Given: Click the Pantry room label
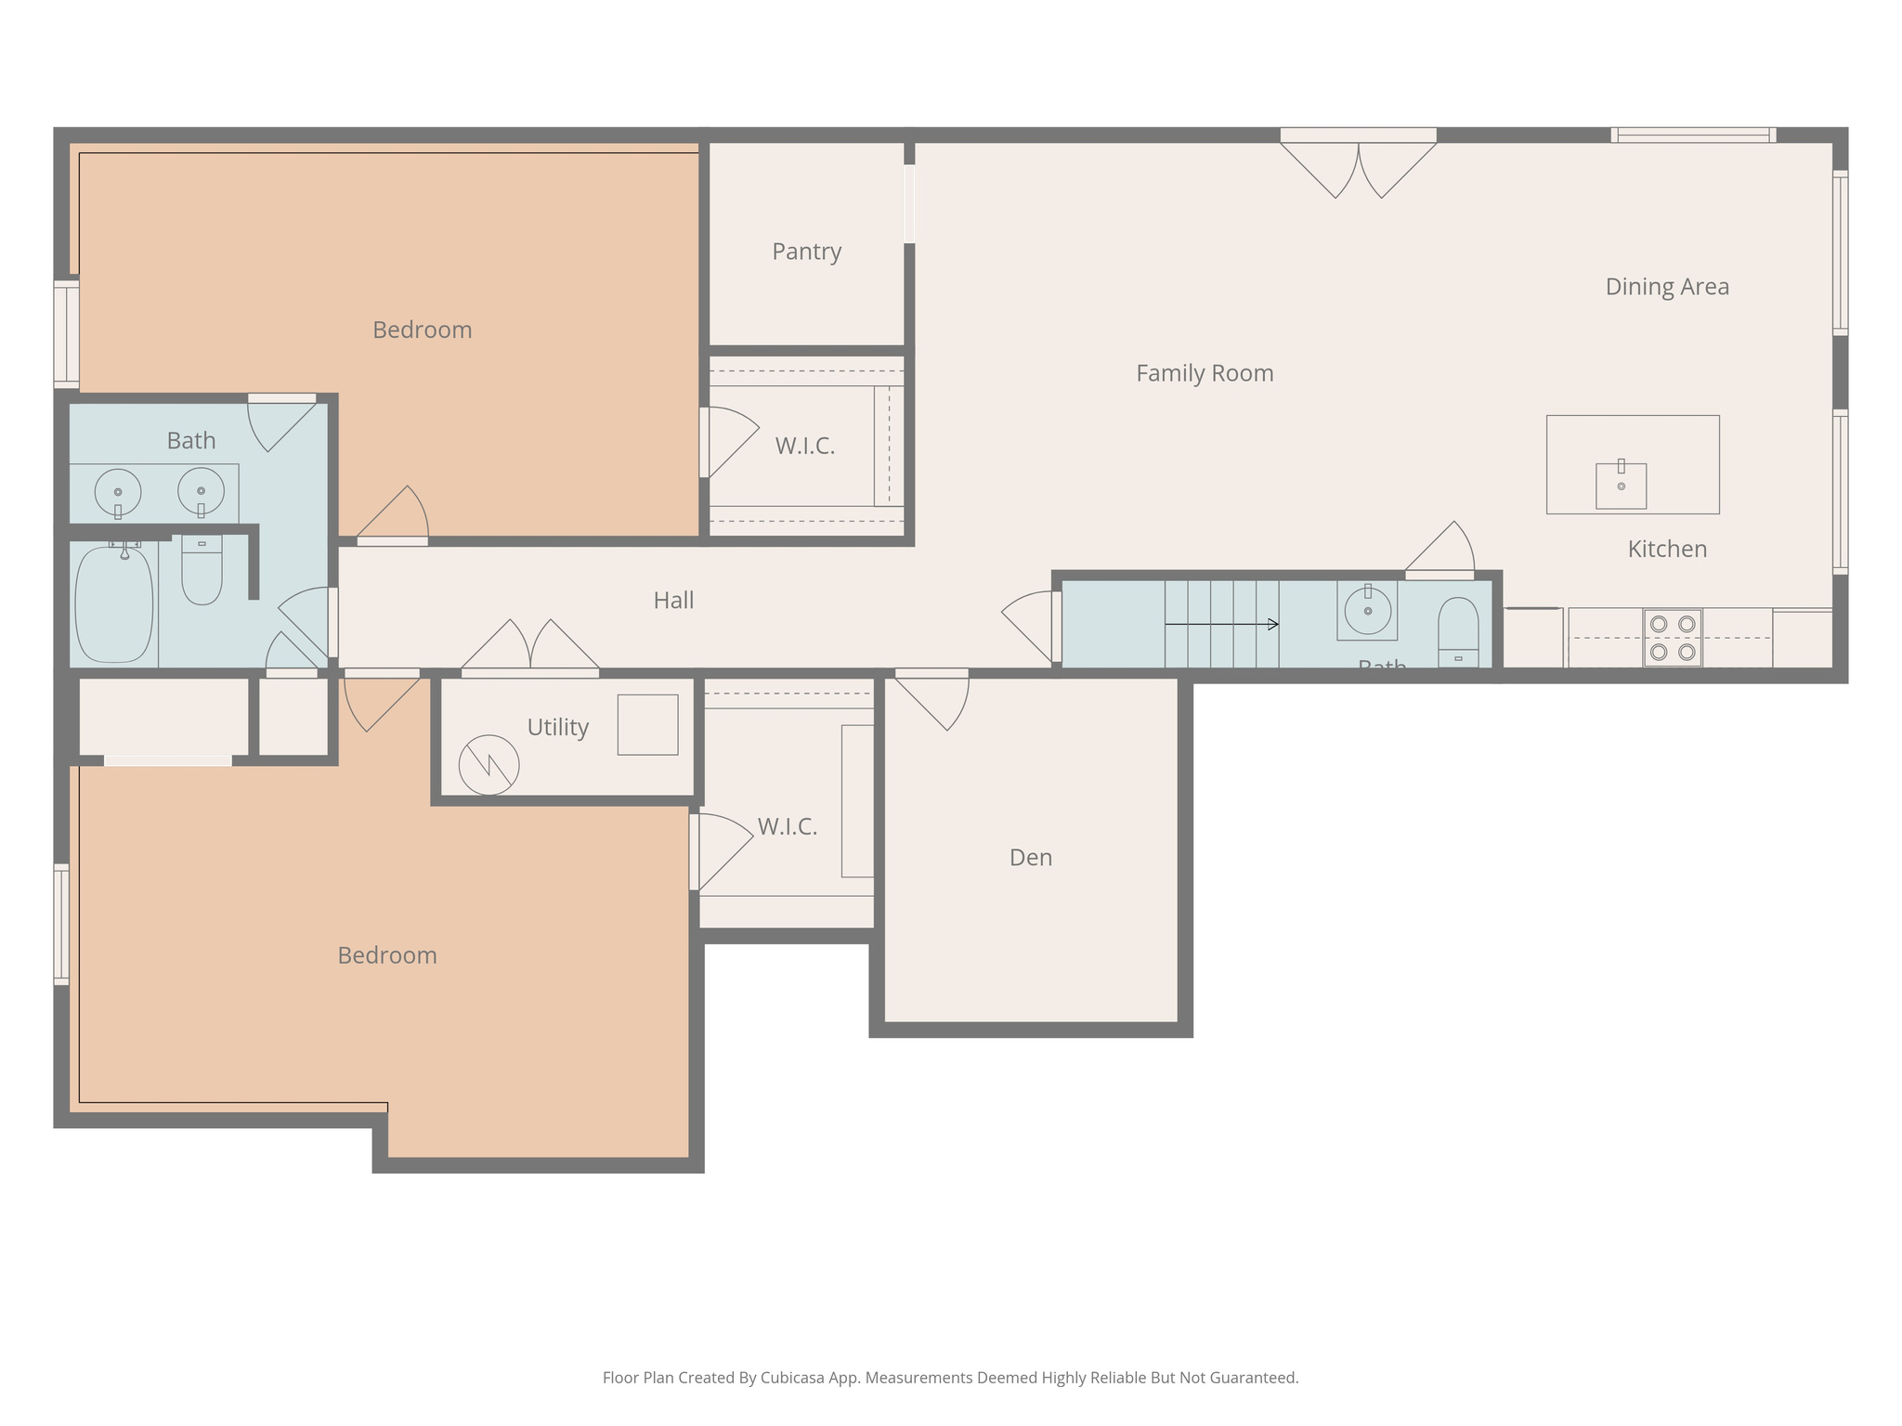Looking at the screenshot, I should pyautogui.click(x=806, y=252).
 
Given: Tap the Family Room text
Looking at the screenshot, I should pyautogui.click(x=1205, y=373).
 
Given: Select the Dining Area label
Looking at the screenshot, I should pyautogui.click(x=1666, y=287).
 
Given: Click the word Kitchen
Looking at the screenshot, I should pyautogui.click(x=1666, y=549).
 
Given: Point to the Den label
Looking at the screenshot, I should pyautogui.click(x=1030, y=857).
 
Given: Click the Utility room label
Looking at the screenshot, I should pyautogui.click(x=557, y=727).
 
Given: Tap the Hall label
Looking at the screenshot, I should pyautogui.click(x=673, y=601).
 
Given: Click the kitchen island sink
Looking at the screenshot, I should pyautogui.click(x=1621, y=486).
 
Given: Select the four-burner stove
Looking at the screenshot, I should pyautogui.click(x=1672, y=638).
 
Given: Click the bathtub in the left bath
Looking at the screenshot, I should pyautogui.click(x=113, y=603).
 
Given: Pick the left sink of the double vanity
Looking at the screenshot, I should pyautogui.click(x=118, y=492).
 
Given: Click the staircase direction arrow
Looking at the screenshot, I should pyautogui.click(x=1221, y=624).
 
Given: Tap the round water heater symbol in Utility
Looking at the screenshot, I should pyautogui.click(x=489, y=765).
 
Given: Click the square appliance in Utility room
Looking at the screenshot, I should pyautogui.click(x=647, y=724).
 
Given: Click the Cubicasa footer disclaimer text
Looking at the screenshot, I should pyautogui.click(x=950, y=1378).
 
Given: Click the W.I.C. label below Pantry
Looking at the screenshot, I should pyautogui.click(x=804, y=447).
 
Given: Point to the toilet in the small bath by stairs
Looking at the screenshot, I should pyautogui.click(x=1458, y=629).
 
